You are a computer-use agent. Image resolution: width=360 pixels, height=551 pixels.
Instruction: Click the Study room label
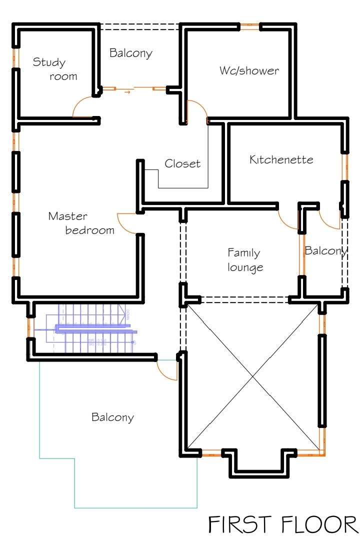point(55,69)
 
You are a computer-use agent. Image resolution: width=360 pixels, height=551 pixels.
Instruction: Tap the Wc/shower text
point(249,70)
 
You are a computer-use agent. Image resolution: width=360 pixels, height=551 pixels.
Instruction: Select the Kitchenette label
point(281,159)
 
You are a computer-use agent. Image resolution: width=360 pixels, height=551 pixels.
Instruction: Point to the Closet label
point(182,163)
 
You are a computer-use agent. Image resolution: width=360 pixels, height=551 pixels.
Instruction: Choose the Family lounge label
point(244,259)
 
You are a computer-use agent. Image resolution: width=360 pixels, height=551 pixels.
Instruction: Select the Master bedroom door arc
point(126,223)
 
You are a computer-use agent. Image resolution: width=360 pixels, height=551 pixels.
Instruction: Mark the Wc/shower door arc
point(197,110)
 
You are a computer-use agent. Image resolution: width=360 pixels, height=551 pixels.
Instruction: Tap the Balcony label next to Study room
point(130,53)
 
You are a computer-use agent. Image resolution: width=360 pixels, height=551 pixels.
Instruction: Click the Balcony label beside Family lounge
point(325,250)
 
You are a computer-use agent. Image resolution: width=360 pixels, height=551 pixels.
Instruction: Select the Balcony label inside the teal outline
point(112,417)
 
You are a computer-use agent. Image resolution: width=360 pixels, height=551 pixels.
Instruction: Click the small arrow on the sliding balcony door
point(128,91)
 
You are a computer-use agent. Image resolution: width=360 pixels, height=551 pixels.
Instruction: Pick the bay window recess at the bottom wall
point(258,462)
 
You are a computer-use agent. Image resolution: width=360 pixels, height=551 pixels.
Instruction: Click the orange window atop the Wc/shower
point(249,26)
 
